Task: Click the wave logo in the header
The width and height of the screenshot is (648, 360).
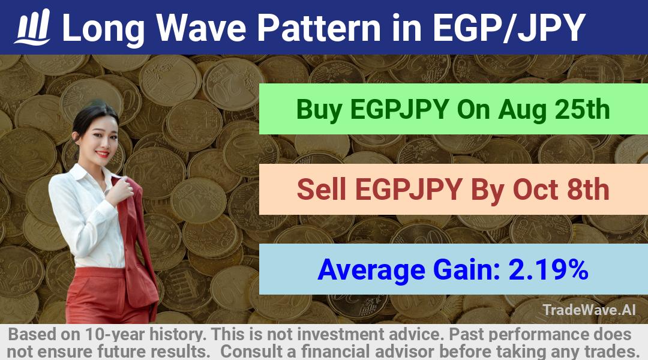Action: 32,27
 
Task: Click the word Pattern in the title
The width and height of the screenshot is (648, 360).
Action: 319,28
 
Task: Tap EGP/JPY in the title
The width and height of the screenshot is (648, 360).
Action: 509,28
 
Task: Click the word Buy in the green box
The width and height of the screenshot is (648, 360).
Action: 319,110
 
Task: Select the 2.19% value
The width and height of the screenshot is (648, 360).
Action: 548,269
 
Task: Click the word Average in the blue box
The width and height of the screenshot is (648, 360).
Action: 371,271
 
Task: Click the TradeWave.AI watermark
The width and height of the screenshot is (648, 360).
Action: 589,310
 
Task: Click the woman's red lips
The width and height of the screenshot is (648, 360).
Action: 101,154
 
